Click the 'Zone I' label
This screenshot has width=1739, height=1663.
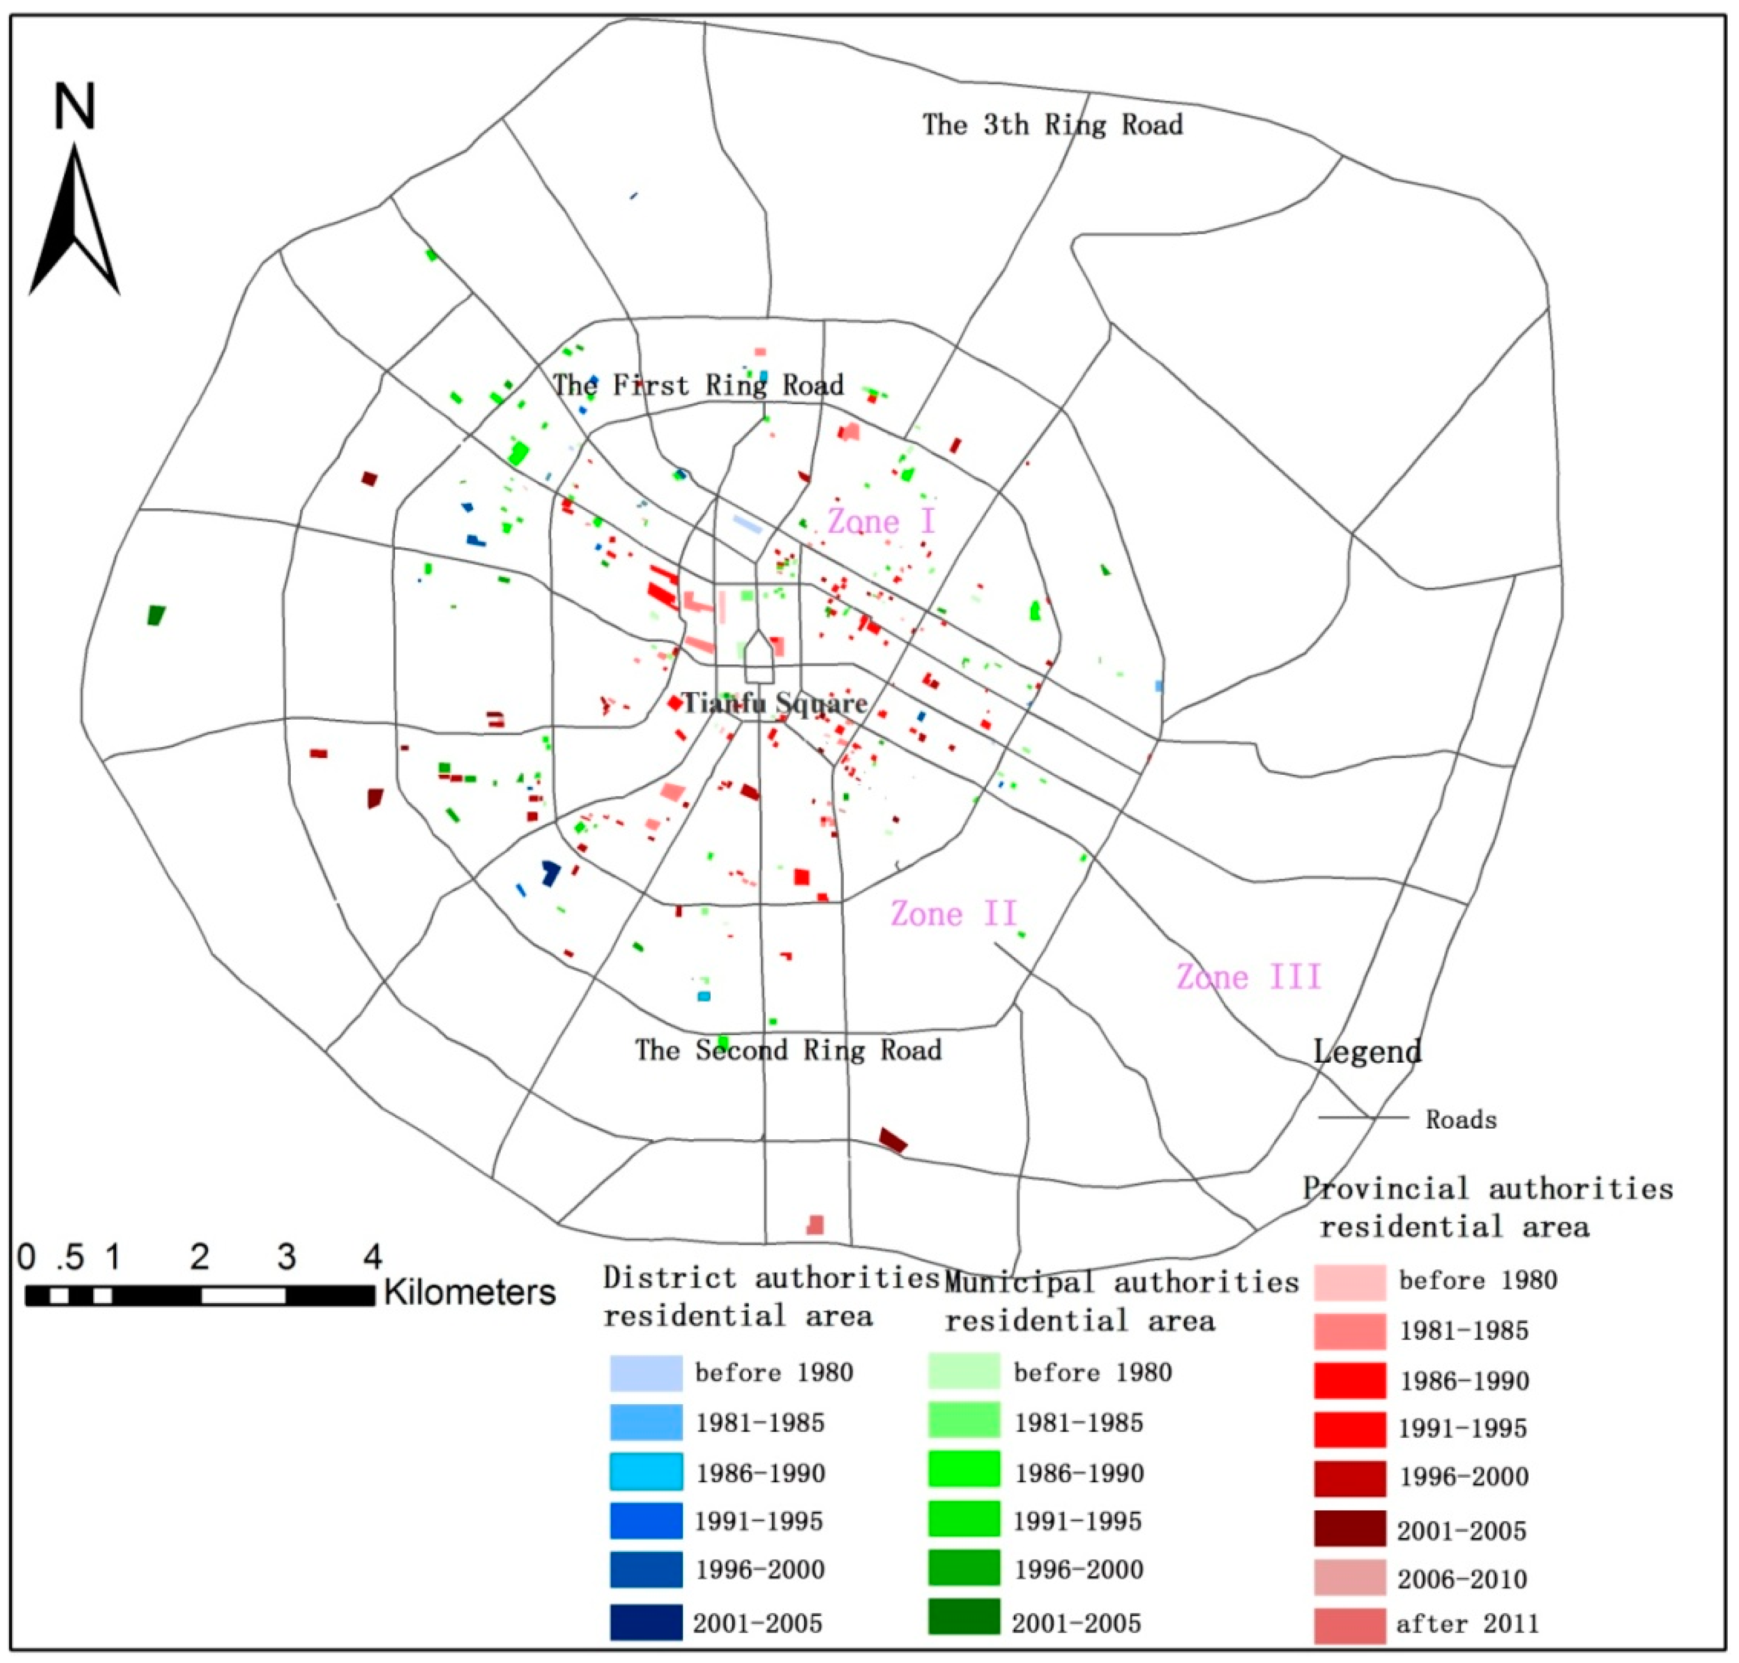coord(881,521)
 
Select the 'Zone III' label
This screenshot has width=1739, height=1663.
coord(1248,977)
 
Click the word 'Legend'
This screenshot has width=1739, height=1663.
coord(1367,1052)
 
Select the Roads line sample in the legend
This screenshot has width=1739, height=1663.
coord(1362,1118)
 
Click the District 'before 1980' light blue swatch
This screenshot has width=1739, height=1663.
coord(646,1373)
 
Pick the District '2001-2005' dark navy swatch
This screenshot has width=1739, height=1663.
coord(646,1622)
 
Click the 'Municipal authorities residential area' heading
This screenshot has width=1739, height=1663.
coord(1121,1301)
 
